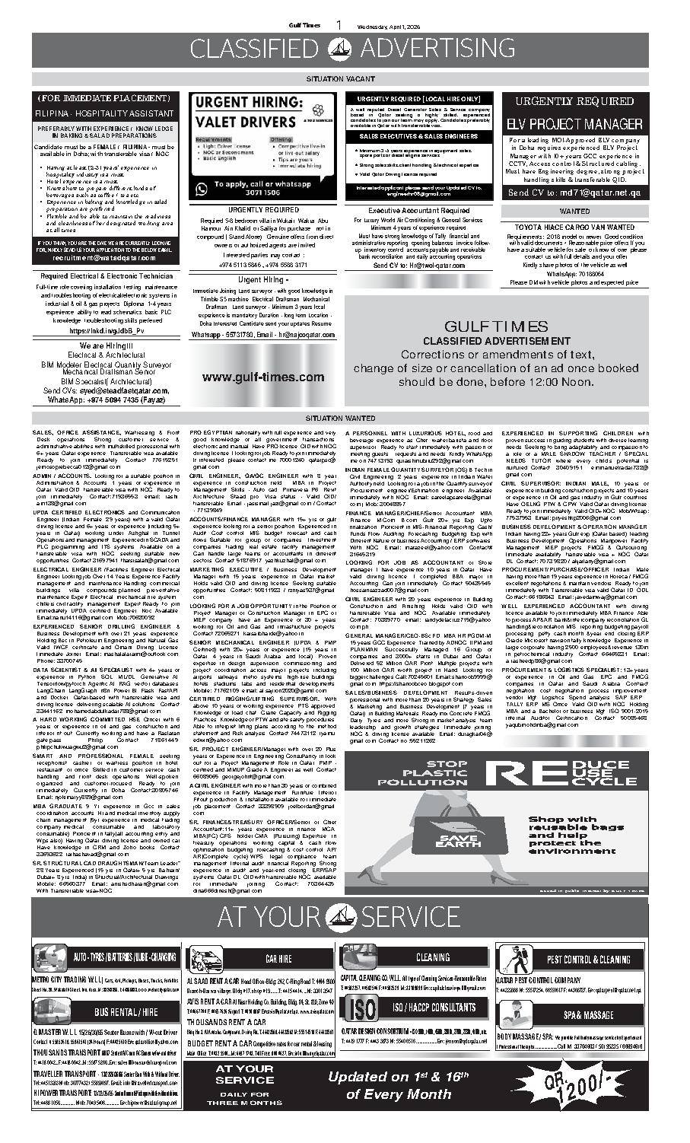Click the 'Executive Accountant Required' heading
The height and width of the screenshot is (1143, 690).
click(418, 211)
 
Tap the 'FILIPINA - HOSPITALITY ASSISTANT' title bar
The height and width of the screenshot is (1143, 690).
click(103, 113)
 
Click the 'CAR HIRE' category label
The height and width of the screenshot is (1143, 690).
click(278, 959)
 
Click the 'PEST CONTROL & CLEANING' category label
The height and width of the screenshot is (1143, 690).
click(593, 960)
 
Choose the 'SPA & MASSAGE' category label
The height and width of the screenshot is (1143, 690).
click(588, 1015)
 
